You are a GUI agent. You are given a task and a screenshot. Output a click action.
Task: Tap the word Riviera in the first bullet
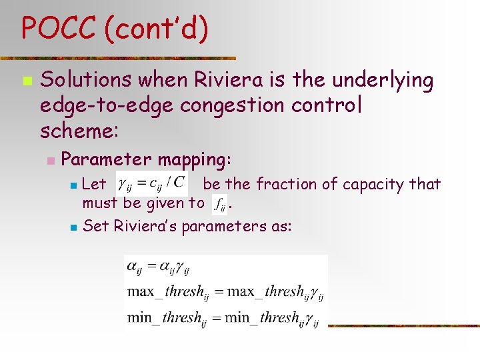pos(228,80)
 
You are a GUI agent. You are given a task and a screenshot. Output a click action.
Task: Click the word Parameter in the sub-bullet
pos(105,159)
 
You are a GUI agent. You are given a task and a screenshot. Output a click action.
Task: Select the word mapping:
pos(194,159)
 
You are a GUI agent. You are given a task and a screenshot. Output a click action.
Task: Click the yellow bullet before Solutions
pos(26,81)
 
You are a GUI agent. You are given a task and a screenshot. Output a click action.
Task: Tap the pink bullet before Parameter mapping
pos(49,161)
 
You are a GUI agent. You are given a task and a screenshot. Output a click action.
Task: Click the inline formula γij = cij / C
pos(151,182)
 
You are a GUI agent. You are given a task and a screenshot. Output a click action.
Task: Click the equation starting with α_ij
pos(158,269)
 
